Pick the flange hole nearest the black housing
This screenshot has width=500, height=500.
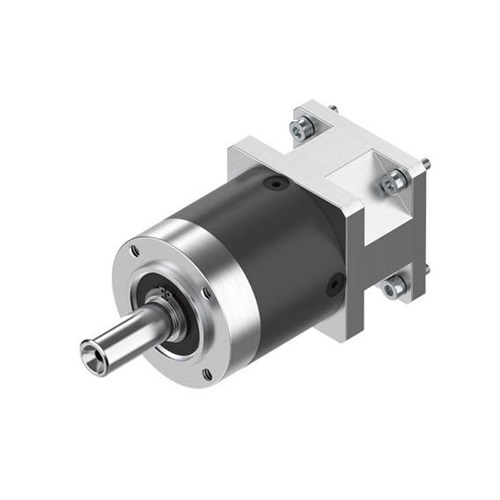(206, 293)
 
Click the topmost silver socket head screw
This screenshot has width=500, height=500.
(301, 125)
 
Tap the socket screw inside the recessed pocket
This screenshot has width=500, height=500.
(393, 182)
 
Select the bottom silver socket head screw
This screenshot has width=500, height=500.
(392, 286)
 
